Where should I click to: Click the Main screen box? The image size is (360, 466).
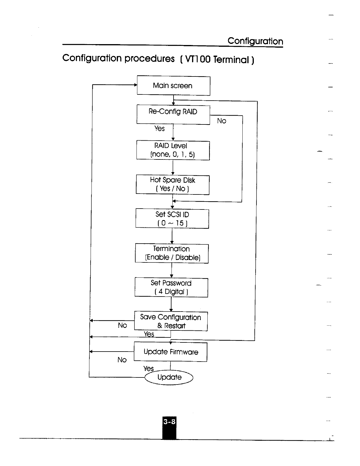[x=174, y=86]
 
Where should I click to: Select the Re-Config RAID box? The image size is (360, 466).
[x=173, y=114]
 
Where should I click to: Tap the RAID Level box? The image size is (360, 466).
[x=173, y=150]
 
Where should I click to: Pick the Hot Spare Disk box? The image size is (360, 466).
[x=173, y=184]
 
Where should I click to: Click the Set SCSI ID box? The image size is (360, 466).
[x=172, y=219]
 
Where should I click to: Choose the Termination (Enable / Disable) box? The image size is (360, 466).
[x=172, y=253]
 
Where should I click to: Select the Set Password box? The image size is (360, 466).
[x=171, y=287]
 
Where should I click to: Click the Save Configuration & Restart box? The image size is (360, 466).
[x=171, y=321]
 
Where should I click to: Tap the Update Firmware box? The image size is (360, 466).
[x=171, y=352]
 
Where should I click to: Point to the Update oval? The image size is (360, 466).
[x=169, y=377]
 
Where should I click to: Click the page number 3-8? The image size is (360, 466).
[x=169, y=422]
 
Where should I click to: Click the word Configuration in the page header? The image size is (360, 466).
[x=255, y=41]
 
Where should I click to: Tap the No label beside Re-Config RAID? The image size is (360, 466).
[x=221, y=121]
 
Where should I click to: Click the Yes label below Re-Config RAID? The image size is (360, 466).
[x=159, y=129]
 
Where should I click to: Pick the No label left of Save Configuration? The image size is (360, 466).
[x=122, y=325]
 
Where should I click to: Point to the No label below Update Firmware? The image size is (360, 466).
[x=122, y=360]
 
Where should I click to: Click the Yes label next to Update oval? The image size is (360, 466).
[x=149, y=369]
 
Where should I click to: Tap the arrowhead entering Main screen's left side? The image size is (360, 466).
[x=135, y=85]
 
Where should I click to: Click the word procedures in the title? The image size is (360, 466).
[x=149, y=59]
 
